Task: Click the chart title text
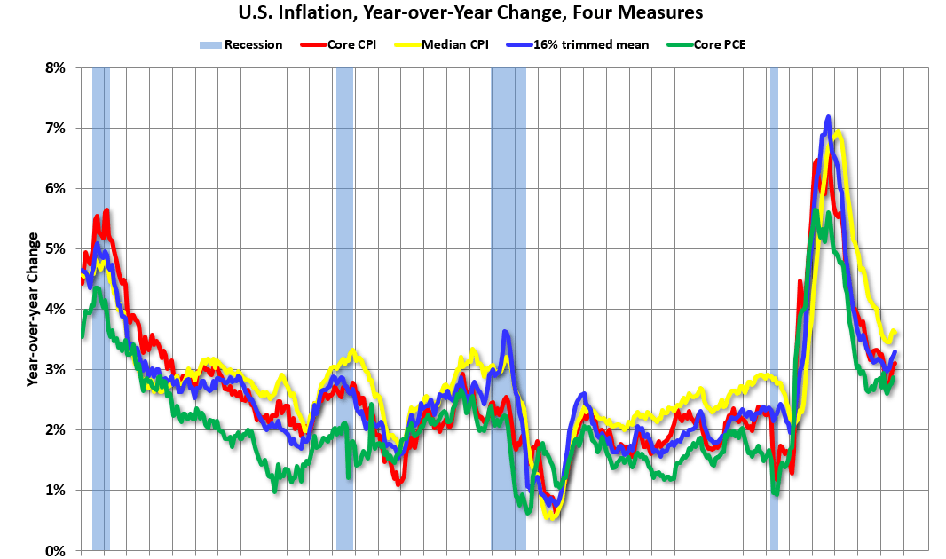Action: pyautogui.click(x=472, y=13)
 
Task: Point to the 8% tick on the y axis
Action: pyautogui.click(x=55, y=67)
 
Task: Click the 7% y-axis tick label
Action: pyautogui.click(x=55, y=128)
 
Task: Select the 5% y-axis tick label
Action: pyautogui.click(x=55, y=248)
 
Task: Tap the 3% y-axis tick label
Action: pyautogui.click(x=55, y=369)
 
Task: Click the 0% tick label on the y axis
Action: pyautogui.click(x=55, y=550)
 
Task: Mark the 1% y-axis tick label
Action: pyautogui.click(x=55, y=490)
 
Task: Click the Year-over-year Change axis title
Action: pyautogui.click(x=33, y=309)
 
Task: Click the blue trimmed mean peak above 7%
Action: pyautogui.click(x=828, y=117)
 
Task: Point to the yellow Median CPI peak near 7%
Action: pyautogui.click(x=838, y=133)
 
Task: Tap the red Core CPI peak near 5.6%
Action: pyautogui.click(x=106, y=211)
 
